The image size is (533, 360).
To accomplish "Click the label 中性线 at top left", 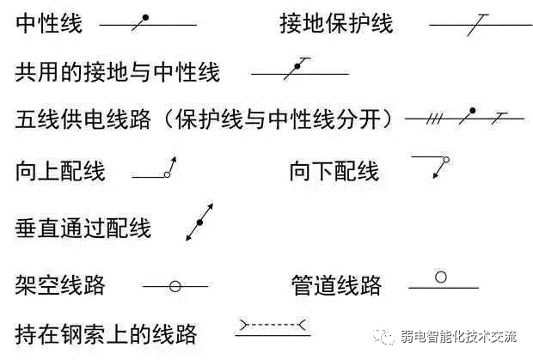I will [x=49, y=24].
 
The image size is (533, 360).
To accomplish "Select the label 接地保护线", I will [x=336, y=24].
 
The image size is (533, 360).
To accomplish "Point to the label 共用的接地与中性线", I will [x=118, y=71].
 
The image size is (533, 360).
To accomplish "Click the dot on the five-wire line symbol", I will [x=471, y=111].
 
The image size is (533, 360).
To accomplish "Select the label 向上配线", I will [x=60, y=172].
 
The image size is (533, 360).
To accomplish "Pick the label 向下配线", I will [x=334, y=172].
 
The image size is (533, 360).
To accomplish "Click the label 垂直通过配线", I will [x=83, y=228].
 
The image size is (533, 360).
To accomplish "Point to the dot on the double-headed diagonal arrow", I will [x=199, y=223].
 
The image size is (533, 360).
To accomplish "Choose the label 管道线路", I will [x=336, y=285].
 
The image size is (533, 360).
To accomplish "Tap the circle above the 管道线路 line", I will [x=441, y=278].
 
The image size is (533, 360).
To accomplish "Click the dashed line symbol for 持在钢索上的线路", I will [x=272, y=326].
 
